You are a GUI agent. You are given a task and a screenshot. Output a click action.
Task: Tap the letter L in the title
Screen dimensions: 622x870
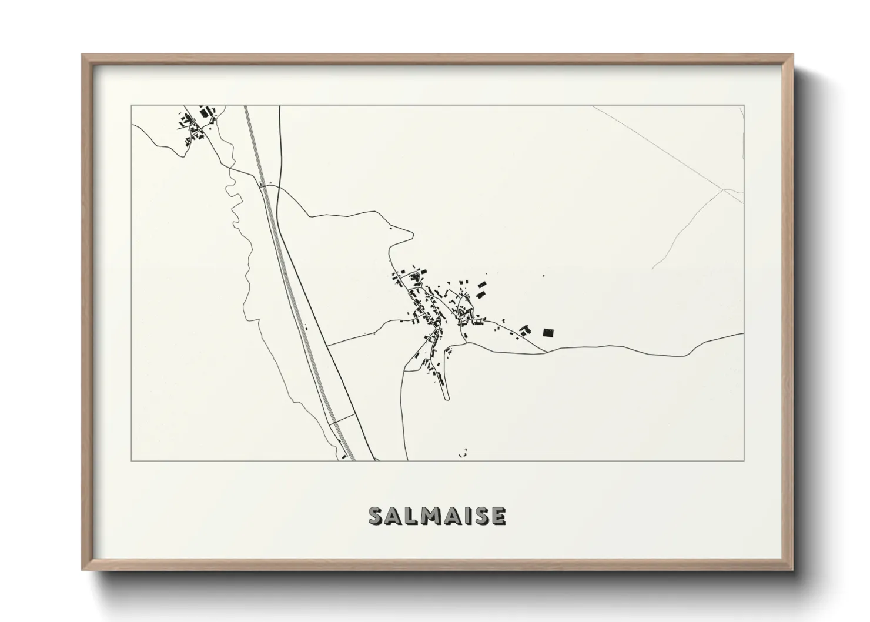(x=411, y=516)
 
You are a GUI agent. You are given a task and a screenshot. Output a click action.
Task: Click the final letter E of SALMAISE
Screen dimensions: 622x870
(x=498, y=516)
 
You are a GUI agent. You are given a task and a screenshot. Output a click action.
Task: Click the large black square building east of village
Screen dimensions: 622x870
(x=548, y=333)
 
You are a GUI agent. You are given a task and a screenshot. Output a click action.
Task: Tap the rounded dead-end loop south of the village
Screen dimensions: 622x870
(x=446, y=397)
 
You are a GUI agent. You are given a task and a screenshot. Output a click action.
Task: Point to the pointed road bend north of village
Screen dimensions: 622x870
(x=411, y=234)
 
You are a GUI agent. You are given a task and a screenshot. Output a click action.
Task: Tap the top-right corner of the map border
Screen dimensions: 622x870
(x=744, y=106)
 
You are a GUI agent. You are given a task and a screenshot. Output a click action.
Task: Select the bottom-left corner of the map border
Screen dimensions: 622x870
(x=132, y=460)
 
